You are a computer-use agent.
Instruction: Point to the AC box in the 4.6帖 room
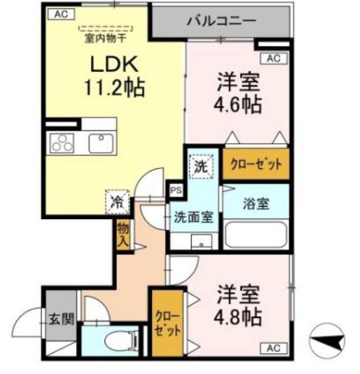coord(273,58)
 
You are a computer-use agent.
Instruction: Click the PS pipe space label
coord(175,190)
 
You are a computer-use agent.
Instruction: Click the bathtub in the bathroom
coord(256,236)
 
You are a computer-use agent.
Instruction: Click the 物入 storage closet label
coord(123,234)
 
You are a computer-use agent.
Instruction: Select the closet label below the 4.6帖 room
coord(256,165)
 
